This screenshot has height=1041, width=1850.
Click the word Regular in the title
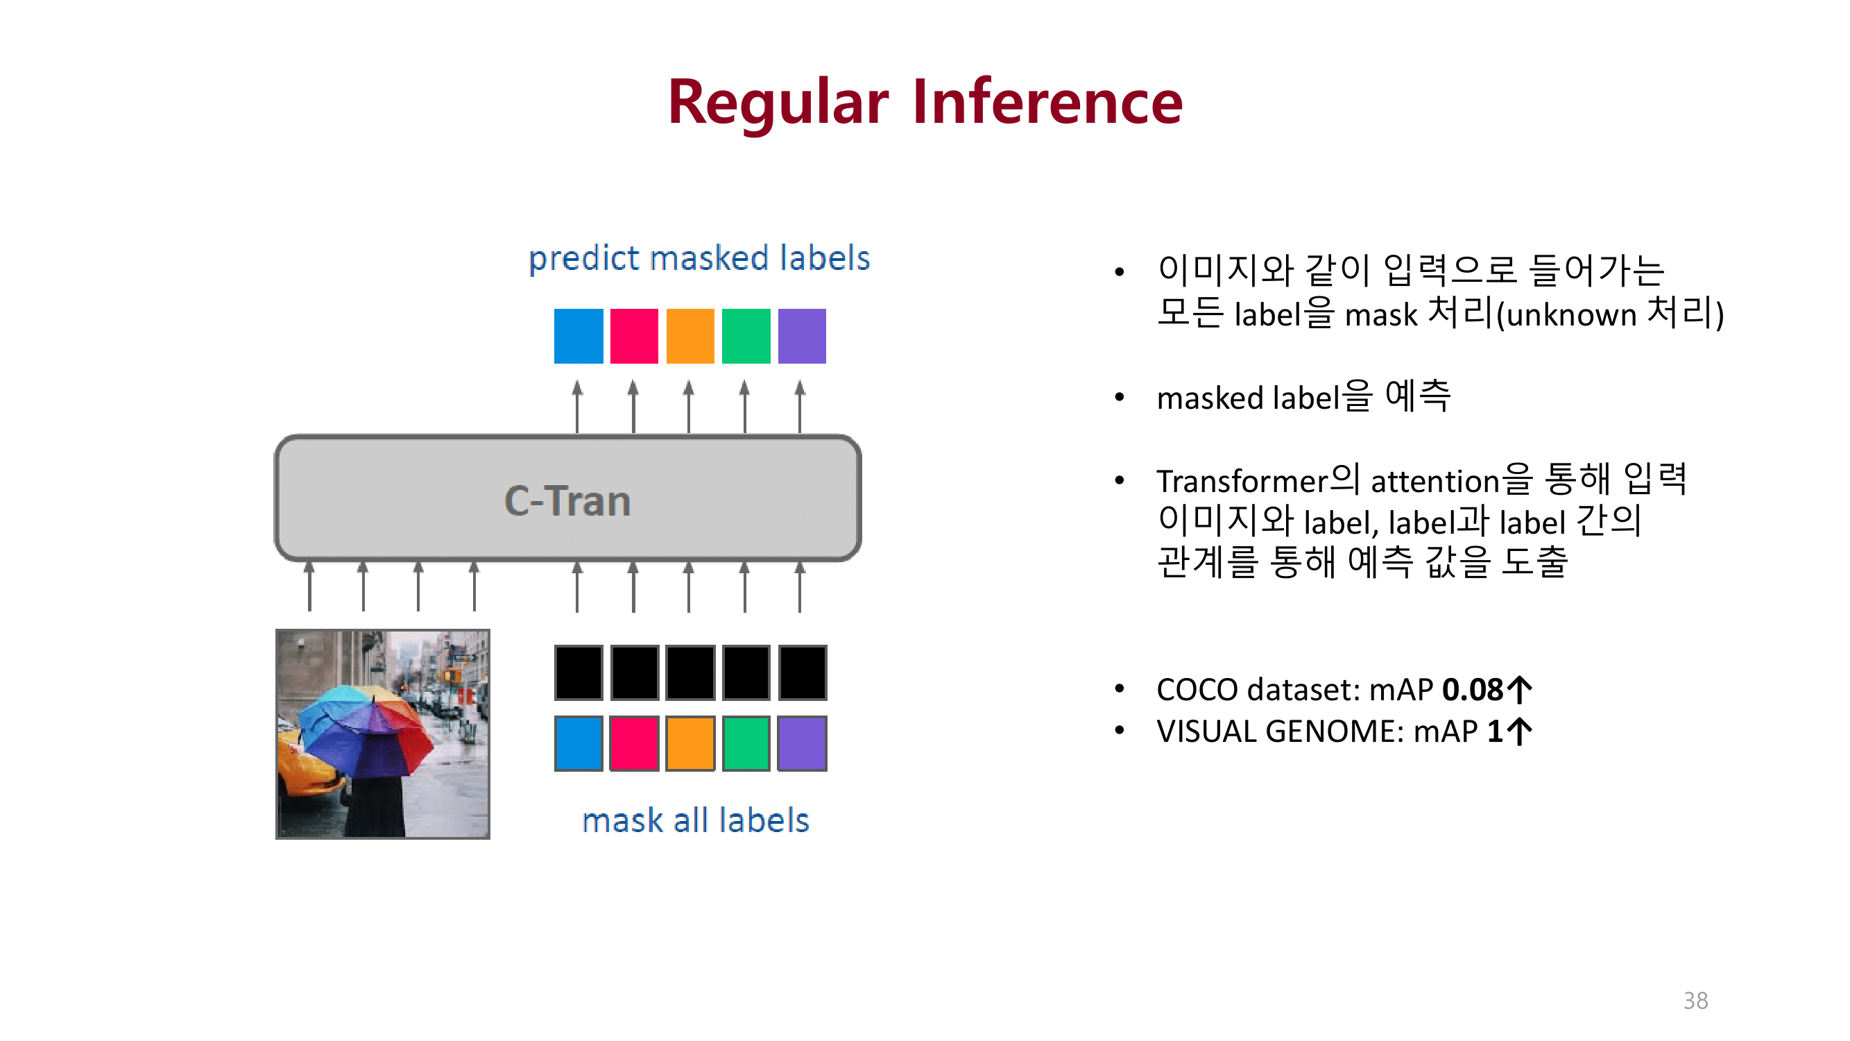click(778, 102)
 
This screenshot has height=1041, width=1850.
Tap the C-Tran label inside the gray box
click(567, 501)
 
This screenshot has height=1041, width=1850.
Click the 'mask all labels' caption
click(695, 820)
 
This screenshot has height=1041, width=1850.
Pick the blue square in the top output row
click(578, 335)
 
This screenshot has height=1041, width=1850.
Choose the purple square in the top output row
click(801, 335)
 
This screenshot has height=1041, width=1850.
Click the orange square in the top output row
click(690, 335)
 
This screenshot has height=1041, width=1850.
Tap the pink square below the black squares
click(634, 743)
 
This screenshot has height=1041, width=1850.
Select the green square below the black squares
click(746, 743)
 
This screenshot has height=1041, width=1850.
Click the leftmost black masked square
click(578, 672)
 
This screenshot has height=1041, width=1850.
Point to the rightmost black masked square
click(801, 672)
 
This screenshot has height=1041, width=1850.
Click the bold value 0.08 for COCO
click(1472, 690)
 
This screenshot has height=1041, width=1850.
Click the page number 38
click(1695, 1000)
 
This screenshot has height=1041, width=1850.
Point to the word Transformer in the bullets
click(1242, 481)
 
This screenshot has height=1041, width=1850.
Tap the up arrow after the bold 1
click(1520, 731)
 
